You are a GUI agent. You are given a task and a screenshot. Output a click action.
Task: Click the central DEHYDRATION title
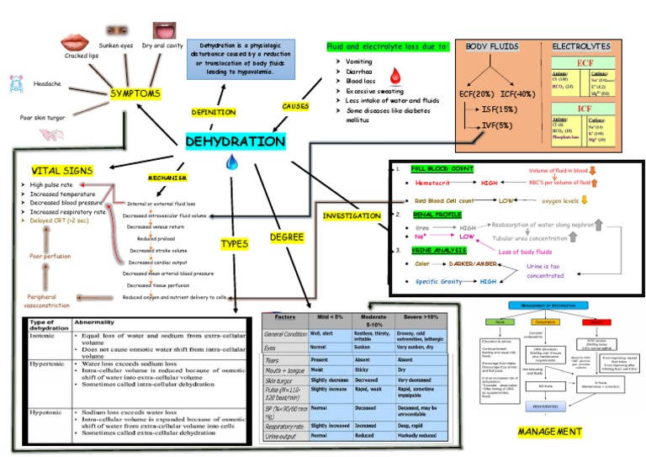point(235,142)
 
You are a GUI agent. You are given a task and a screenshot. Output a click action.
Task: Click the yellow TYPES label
point(234,244)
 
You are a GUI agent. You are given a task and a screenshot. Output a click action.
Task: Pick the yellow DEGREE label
point(287,237)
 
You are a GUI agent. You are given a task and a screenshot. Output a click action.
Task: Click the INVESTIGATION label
point(352,216)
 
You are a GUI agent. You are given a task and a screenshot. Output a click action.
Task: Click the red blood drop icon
point(395,78)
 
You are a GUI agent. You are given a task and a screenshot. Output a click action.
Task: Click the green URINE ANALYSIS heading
point(437,251)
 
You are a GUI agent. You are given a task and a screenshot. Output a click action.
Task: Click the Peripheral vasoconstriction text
point(42,300)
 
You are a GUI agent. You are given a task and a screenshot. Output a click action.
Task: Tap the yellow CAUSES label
point(295,107)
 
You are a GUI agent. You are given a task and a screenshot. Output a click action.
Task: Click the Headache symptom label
point(46,84)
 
